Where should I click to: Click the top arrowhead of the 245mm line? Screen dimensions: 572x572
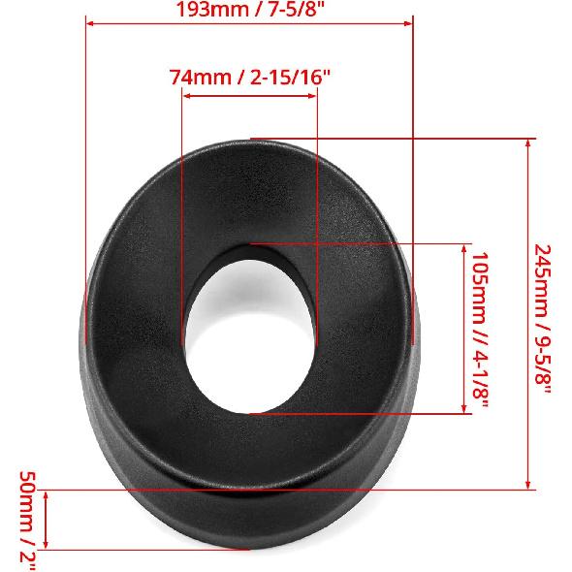coord(528,142)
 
